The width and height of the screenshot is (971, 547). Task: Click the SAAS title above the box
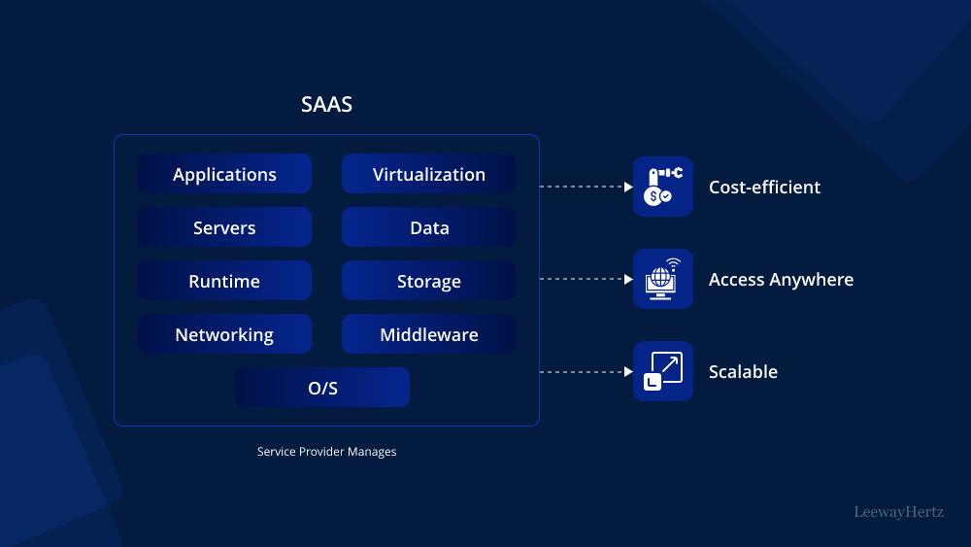pos(326,105)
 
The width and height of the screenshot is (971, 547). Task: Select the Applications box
pos(224,174)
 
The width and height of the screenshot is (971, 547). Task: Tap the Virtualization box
pos(428,174)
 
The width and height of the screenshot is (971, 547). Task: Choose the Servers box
pos(224,227)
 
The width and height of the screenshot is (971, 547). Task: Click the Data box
pos(428,227)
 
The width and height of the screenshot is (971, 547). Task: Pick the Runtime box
pos(224,281)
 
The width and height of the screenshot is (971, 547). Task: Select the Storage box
pos(428,281)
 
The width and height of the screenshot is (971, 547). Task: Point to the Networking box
pos(224,334)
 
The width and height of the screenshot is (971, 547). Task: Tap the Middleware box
pos(428,334)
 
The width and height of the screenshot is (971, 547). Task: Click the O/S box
pos(322,388)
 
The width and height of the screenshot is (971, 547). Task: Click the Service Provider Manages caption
pos(326,452)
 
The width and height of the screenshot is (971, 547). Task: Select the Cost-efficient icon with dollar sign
pos(663,187)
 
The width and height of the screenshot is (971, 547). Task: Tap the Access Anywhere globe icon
pos(663,279)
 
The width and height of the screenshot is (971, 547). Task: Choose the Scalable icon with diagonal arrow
pos(663,371)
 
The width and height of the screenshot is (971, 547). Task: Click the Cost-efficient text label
pos(764,188)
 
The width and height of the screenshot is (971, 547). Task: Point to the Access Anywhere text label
pos(781,280)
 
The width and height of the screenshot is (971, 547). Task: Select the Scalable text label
pos(743,372)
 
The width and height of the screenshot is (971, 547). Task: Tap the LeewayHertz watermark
pos(898,511)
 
